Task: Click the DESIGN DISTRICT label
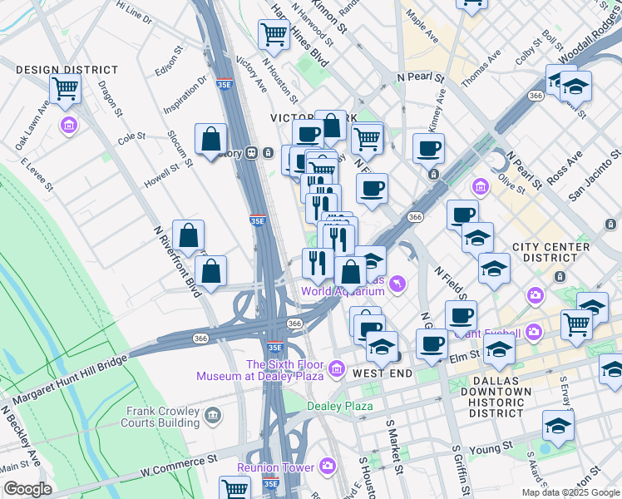tap(55, 70)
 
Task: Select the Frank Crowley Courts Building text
tap(162, 417)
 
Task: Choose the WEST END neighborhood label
tap(383, 374)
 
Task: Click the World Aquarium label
tap(343, 291)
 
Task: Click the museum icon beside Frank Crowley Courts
tap(213, 414)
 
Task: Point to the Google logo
tap(27, 489)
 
